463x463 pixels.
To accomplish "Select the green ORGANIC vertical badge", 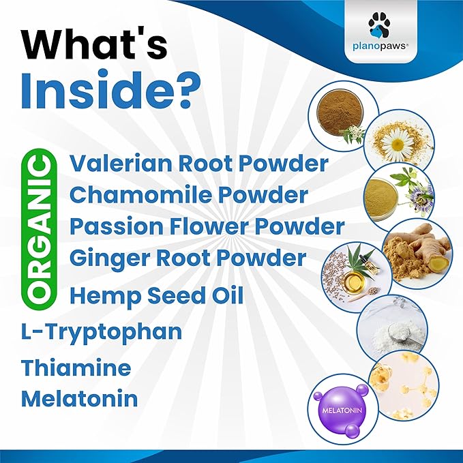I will coord(42,228).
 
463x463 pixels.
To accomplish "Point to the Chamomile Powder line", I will coord(188,195).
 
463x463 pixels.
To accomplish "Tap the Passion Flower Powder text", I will coord(207,226).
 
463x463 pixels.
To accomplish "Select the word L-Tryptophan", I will coord(102,332).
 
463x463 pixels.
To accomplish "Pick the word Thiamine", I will coord(76,368).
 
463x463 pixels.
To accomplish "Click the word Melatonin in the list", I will coord(79,398).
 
